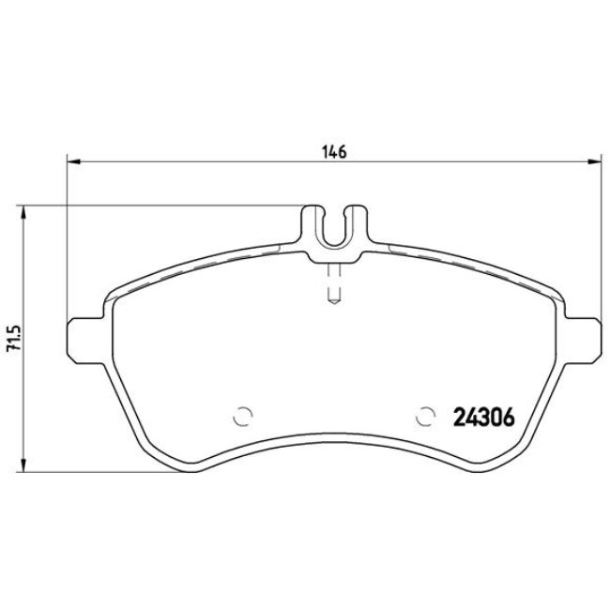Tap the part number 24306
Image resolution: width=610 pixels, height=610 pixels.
tap(482, 417)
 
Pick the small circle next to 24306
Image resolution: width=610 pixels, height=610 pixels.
tap(427, 414)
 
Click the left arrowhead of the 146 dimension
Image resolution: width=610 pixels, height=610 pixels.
tap(70, 162)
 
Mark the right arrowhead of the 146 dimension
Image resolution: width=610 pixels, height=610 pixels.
tap(595, 162)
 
